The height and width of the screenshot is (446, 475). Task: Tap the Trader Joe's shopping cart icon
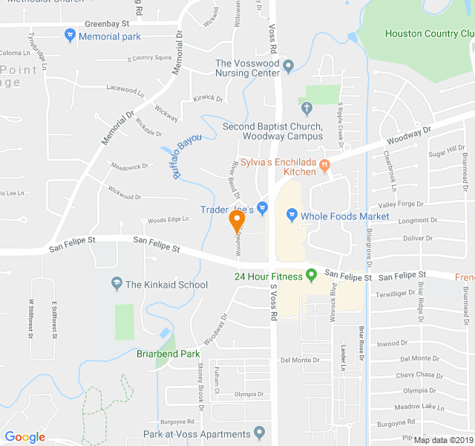[x=261, y=207]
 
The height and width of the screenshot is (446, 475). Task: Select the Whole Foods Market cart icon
[x=292, y=216]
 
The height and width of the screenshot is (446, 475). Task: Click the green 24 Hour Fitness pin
[x=312, y=275]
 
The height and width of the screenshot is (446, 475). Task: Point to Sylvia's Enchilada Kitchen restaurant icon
[x=325, y=170]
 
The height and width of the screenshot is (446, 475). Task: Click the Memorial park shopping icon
[x=70, y=35]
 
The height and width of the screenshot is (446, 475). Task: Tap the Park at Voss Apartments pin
[x=259, y=433]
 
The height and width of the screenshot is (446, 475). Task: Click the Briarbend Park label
[x=168, y=354]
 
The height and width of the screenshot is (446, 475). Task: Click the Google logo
[x=25, y=437]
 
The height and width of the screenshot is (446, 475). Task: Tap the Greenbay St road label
[x=102, y=24]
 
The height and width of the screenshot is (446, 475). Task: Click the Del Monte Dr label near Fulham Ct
[x=300, y=360]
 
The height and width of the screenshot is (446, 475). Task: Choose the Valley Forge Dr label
[x=401, y=204]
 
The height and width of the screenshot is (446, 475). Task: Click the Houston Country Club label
[x=428, y=33]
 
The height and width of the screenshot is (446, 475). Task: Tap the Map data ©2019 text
[x=442, y=439]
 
